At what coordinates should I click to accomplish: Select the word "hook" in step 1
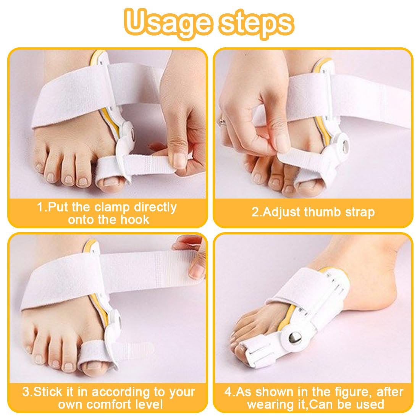click(x=134, y=220)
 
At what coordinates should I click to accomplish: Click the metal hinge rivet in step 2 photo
click(x=345, y=145)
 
